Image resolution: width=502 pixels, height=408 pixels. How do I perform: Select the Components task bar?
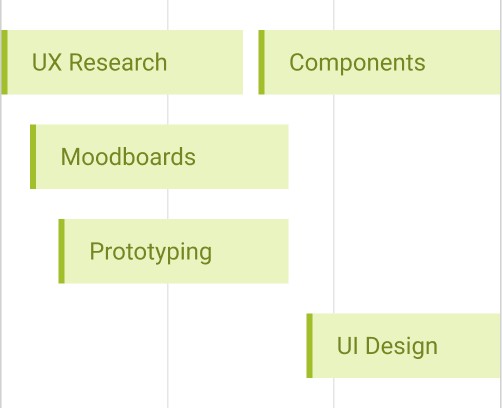(x=379, y=62)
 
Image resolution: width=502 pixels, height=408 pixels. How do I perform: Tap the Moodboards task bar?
(x=160, y=157)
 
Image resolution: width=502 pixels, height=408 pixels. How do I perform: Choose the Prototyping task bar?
(x=174, y=251)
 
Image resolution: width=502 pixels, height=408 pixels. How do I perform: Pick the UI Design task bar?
(x=403, y=346)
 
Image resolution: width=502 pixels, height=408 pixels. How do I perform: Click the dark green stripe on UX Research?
(x=4, y=62)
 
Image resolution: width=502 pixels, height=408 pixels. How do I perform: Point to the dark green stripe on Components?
(x=261, y=62)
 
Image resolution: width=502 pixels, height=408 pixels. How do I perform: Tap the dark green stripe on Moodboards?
(x=33, y=157)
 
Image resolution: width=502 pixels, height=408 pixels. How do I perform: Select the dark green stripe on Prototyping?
(x=61, y=251)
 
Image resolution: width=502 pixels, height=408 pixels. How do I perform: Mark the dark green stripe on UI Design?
(x=309, y=346)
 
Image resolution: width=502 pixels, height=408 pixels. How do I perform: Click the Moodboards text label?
(x=128, y=157)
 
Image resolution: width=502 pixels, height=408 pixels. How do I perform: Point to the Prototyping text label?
(x=150, y=251)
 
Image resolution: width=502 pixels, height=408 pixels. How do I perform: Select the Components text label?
(x=357, y=62)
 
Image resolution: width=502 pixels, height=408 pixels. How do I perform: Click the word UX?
(x=46, y=62)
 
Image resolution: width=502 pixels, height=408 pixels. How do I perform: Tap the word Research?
(x=117, y=62)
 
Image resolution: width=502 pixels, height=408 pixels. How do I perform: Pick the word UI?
(x=347, y=346)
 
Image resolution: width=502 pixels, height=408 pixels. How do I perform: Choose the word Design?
(x=401, y=346)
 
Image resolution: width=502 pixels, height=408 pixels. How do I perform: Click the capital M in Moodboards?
(x=70, y=157)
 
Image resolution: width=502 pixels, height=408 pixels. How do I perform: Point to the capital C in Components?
(x=297, y=62)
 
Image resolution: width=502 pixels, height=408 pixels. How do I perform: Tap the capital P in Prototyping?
(x=97, y=251)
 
